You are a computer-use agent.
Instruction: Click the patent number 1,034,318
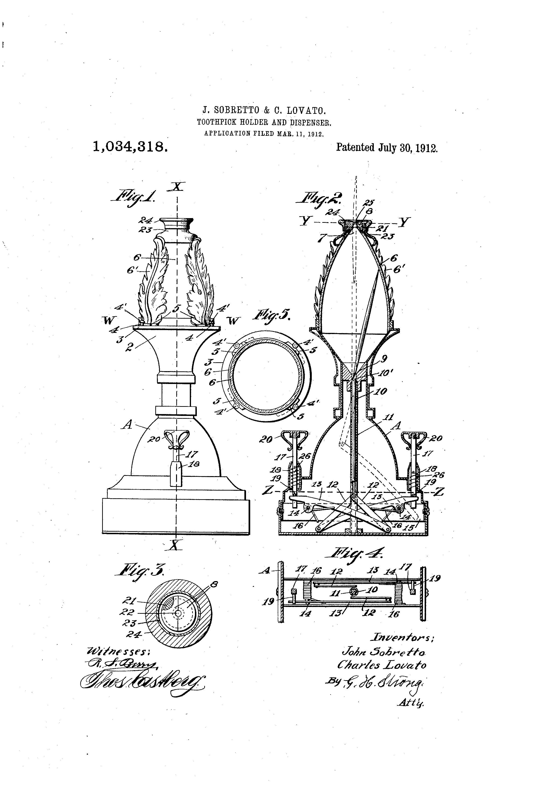130,147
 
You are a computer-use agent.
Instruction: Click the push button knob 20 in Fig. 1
177,437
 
